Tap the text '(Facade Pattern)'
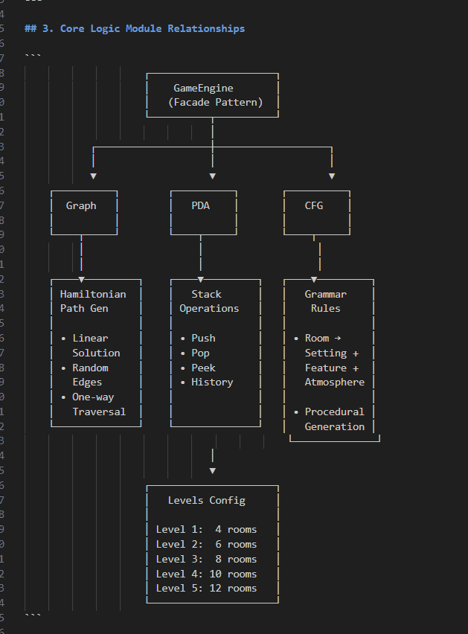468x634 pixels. pos(215,103)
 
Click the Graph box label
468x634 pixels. pos(81,205)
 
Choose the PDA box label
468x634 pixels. pos(200,205)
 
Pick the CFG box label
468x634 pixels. pos(314,205)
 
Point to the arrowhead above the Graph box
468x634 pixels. pos(93,176)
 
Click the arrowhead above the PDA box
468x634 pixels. pos(213,176)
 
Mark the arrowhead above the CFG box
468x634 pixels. pos(332,176)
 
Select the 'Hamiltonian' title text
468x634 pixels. pos(93,294)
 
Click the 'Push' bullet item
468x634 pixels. pos(203,338)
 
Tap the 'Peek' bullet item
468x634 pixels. pos(203,368)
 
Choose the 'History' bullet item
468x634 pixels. pos(212,382)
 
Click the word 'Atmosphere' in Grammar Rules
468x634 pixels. pos(335,382)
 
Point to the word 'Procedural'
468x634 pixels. pos(335,412)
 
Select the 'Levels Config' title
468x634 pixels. pos(206,500)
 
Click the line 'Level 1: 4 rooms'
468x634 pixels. pos(206,530)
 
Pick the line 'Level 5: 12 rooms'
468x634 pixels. pos(206,588)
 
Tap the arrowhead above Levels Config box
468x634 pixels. pos(213,470)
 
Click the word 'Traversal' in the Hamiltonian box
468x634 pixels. pos(99,412)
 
